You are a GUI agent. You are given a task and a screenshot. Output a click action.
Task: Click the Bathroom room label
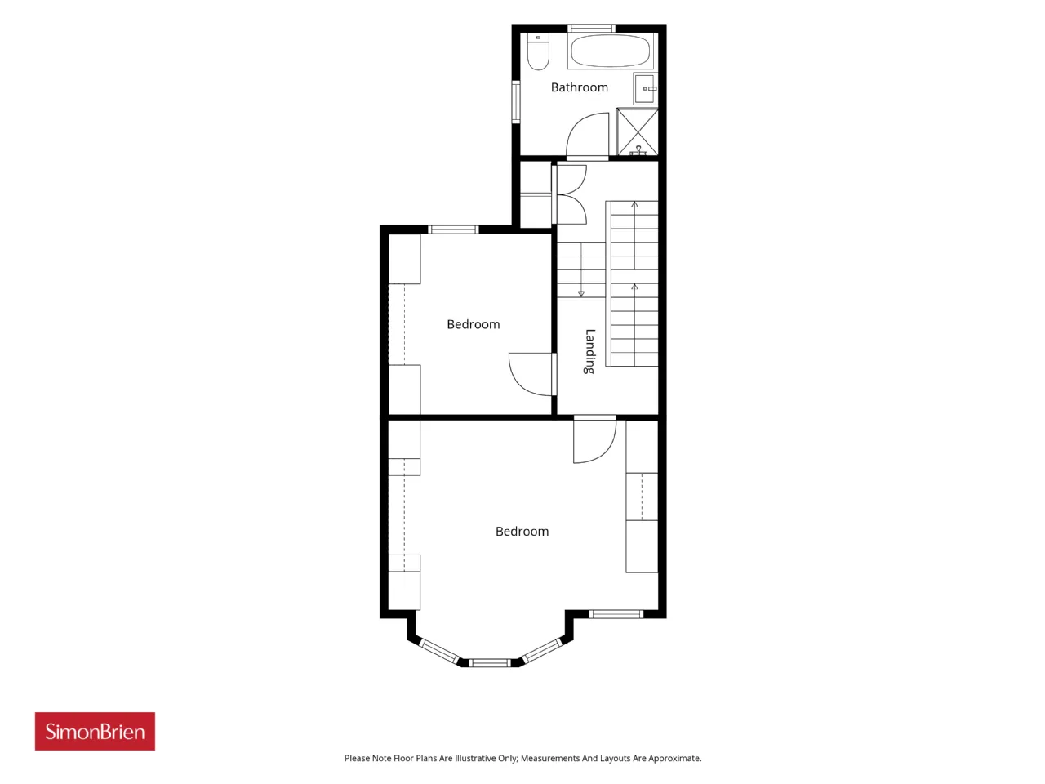tap(579, 87)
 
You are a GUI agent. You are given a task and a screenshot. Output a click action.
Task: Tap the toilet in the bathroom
tap(538, 51)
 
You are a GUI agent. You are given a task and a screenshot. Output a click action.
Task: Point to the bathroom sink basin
tap(645, 88)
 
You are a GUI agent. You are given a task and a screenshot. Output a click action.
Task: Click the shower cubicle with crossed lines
tap(637, 131)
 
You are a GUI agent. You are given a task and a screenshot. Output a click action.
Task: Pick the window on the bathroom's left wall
tap(516, 102)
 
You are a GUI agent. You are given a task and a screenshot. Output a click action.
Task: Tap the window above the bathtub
tap(592, 28)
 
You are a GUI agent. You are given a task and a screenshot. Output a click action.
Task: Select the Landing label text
tap(589, 351)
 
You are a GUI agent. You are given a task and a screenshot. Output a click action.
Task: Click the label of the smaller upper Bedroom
tap(474, 325)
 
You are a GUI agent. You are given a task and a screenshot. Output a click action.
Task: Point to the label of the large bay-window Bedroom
tap(522, 531)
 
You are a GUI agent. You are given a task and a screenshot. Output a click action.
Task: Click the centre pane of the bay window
tap(489, 662)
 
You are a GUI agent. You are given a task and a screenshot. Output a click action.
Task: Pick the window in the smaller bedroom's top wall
tap(453, 229)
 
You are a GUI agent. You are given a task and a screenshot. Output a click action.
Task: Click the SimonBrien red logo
tap(95, 731)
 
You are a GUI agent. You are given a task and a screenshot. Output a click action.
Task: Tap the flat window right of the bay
tap(616, 614)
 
